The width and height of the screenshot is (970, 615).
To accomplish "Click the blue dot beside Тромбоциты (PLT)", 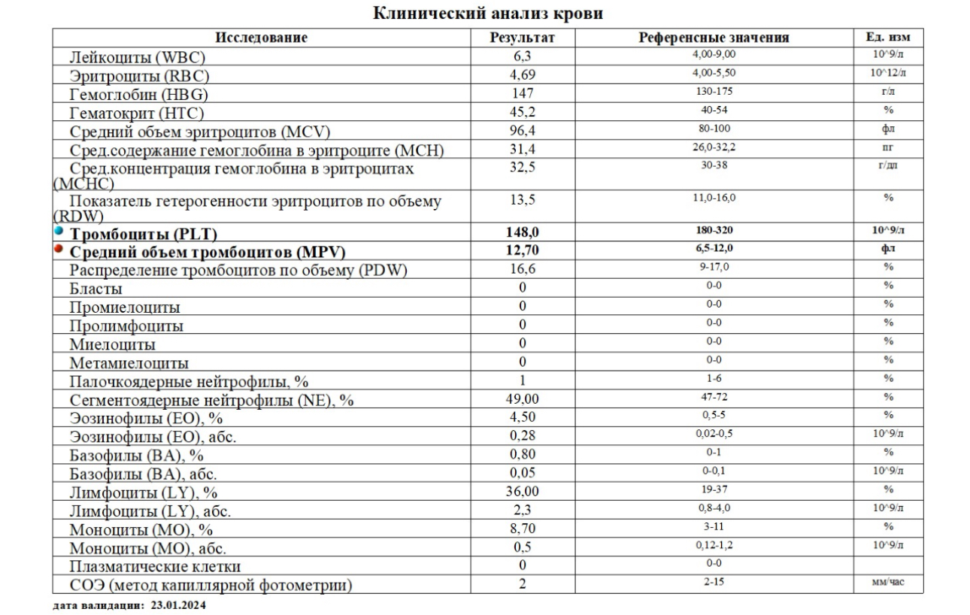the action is (59, 231).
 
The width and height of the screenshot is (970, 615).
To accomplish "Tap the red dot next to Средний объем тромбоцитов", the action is (59, 249).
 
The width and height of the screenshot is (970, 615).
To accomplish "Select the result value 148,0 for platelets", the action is (523, 232).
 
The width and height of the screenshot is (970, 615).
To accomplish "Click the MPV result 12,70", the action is (523, 250).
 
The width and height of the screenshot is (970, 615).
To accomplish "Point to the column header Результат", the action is (523, 38).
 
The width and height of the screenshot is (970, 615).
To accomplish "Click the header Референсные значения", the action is (714, 38).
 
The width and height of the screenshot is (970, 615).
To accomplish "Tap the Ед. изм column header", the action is (888, 38).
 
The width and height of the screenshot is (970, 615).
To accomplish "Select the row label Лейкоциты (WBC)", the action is (138, 57).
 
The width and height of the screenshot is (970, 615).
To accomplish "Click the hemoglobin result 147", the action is (523, 93).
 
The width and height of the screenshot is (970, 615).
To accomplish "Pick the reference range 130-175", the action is (714, 92).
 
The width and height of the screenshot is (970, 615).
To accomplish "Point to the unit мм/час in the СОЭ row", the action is (888, 582).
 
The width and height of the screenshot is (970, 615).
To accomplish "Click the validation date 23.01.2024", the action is (178, 605).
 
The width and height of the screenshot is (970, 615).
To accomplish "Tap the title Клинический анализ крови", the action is (488, 13).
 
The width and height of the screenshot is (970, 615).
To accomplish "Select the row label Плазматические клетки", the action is (155, 566).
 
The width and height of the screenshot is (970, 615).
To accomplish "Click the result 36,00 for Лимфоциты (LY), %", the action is (523, 492).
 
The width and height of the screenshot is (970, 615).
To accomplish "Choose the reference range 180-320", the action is (714, 230).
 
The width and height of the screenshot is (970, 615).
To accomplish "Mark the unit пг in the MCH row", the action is (888, 147).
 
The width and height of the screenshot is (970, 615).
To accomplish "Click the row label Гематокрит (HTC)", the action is (137, 113).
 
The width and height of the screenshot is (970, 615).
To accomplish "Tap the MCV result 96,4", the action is (523, 130).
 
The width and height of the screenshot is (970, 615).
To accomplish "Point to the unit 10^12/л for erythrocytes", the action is (888, 73).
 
